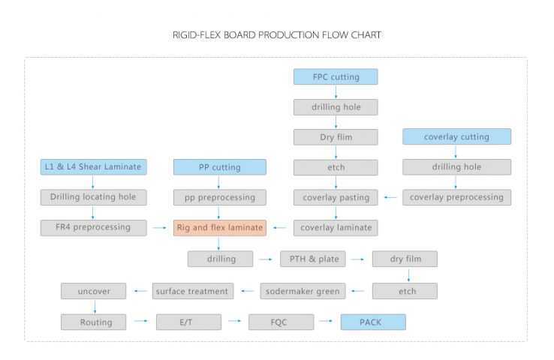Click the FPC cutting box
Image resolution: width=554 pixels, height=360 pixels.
coord(336,76)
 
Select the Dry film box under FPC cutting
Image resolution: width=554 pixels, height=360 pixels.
coord(336,137)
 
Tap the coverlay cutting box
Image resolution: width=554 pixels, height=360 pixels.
coord(456,137)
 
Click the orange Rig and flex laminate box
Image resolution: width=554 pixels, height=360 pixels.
coord(219,227)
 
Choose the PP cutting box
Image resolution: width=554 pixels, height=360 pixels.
coord(219,166)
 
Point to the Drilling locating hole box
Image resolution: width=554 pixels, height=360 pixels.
coord(94,197)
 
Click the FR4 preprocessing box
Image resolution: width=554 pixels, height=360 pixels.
coord(94,227)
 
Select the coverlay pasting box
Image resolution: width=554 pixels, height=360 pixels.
coord(336,197)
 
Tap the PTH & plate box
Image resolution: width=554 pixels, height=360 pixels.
coord(313,259)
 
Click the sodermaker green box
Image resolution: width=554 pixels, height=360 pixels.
coord(302,290)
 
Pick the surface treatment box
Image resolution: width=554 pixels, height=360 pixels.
coord(193,290)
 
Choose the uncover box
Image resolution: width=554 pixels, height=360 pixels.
coord(94,290)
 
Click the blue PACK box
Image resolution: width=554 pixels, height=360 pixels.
coord(373,322)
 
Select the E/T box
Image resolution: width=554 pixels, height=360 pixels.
coord(188,322)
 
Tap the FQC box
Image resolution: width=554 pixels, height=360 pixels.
coord(281,322)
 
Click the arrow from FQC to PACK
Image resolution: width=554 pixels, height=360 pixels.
coord(327,322)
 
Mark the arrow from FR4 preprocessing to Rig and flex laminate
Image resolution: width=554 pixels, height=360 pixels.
coord(160,227)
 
